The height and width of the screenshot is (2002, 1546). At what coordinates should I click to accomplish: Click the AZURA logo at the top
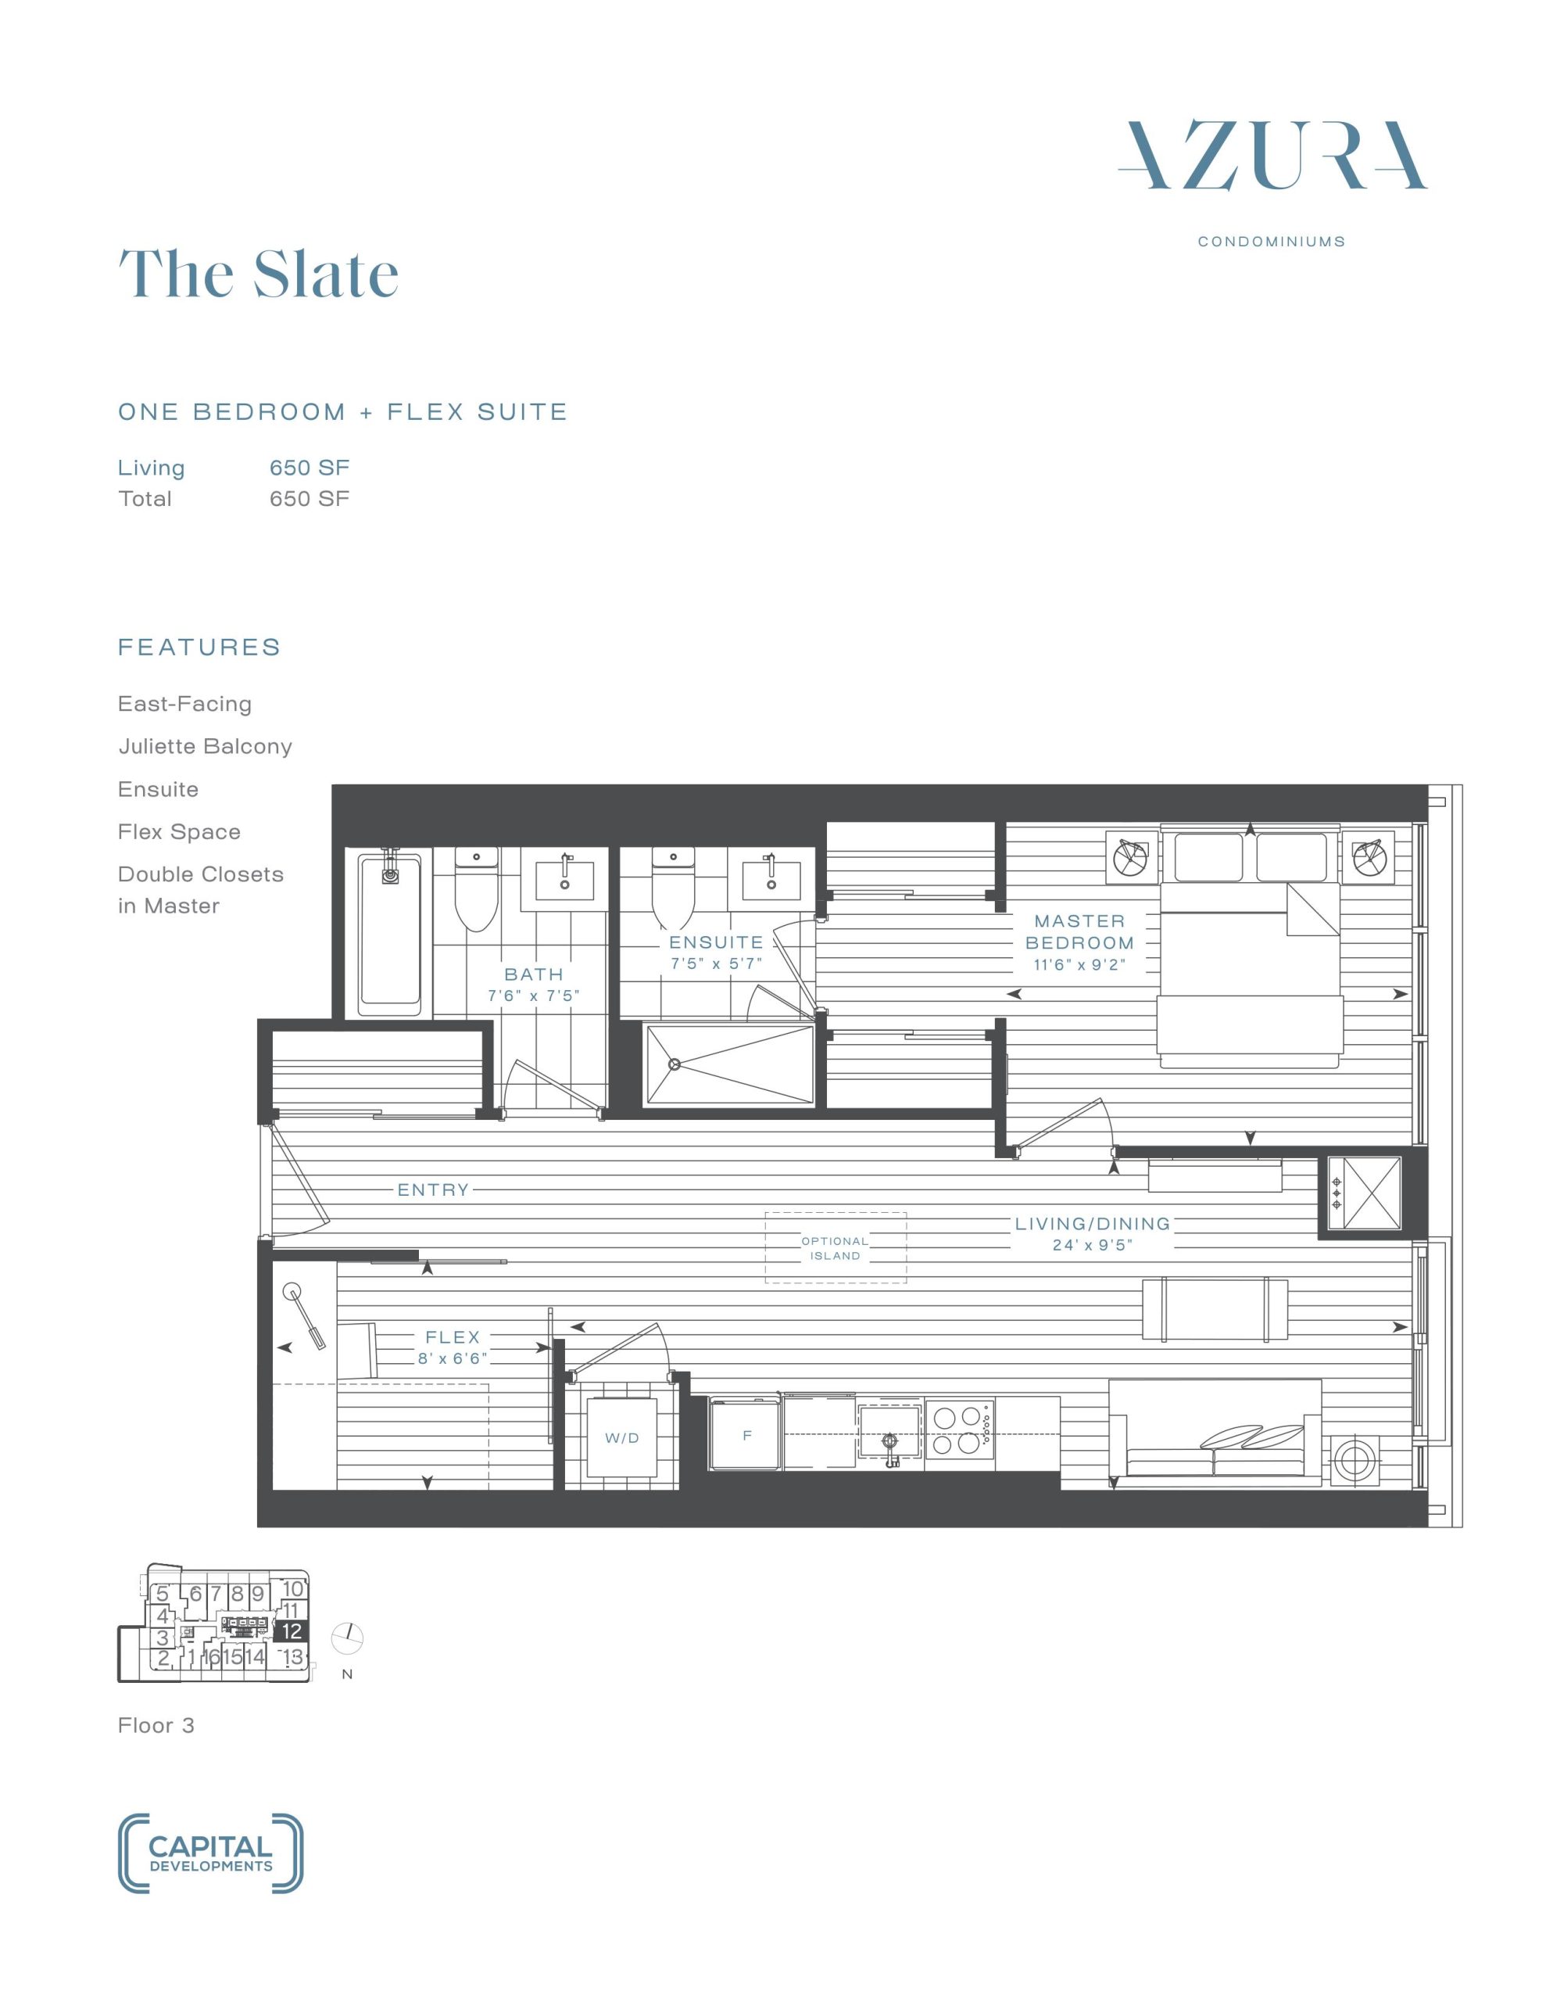1272,156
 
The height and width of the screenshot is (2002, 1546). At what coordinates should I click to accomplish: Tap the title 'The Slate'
259,273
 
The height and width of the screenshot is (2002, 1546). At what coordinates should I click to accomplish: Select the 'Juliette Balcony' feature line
206,747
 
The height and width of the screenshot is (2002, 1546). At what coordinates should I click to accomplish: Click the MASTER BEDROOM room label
1079,931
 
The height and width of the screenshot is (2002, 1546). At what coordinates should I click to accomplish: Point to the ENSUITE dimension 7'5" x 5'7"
716,963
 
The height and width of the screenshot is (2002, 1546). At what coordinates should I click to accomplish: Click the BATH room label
533,974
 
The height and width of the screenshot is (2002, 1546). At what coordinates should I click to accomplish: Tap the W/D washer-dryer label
622,1438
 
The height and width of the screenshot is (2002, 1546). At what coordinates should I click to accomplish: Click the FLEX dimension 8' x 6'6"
452,1358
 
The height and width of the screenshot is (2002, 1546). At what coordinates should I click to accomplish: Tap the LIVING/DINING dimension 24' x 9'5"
1093,1245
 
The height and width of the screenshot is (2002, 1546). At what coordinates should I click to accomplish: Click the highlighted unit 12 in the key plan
292,1631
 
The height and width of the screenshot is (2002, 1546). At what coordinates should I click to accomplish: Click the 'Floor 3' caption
156,1725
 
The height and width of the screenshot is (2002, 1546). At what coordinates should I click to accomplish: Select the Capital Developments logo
211,1853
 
